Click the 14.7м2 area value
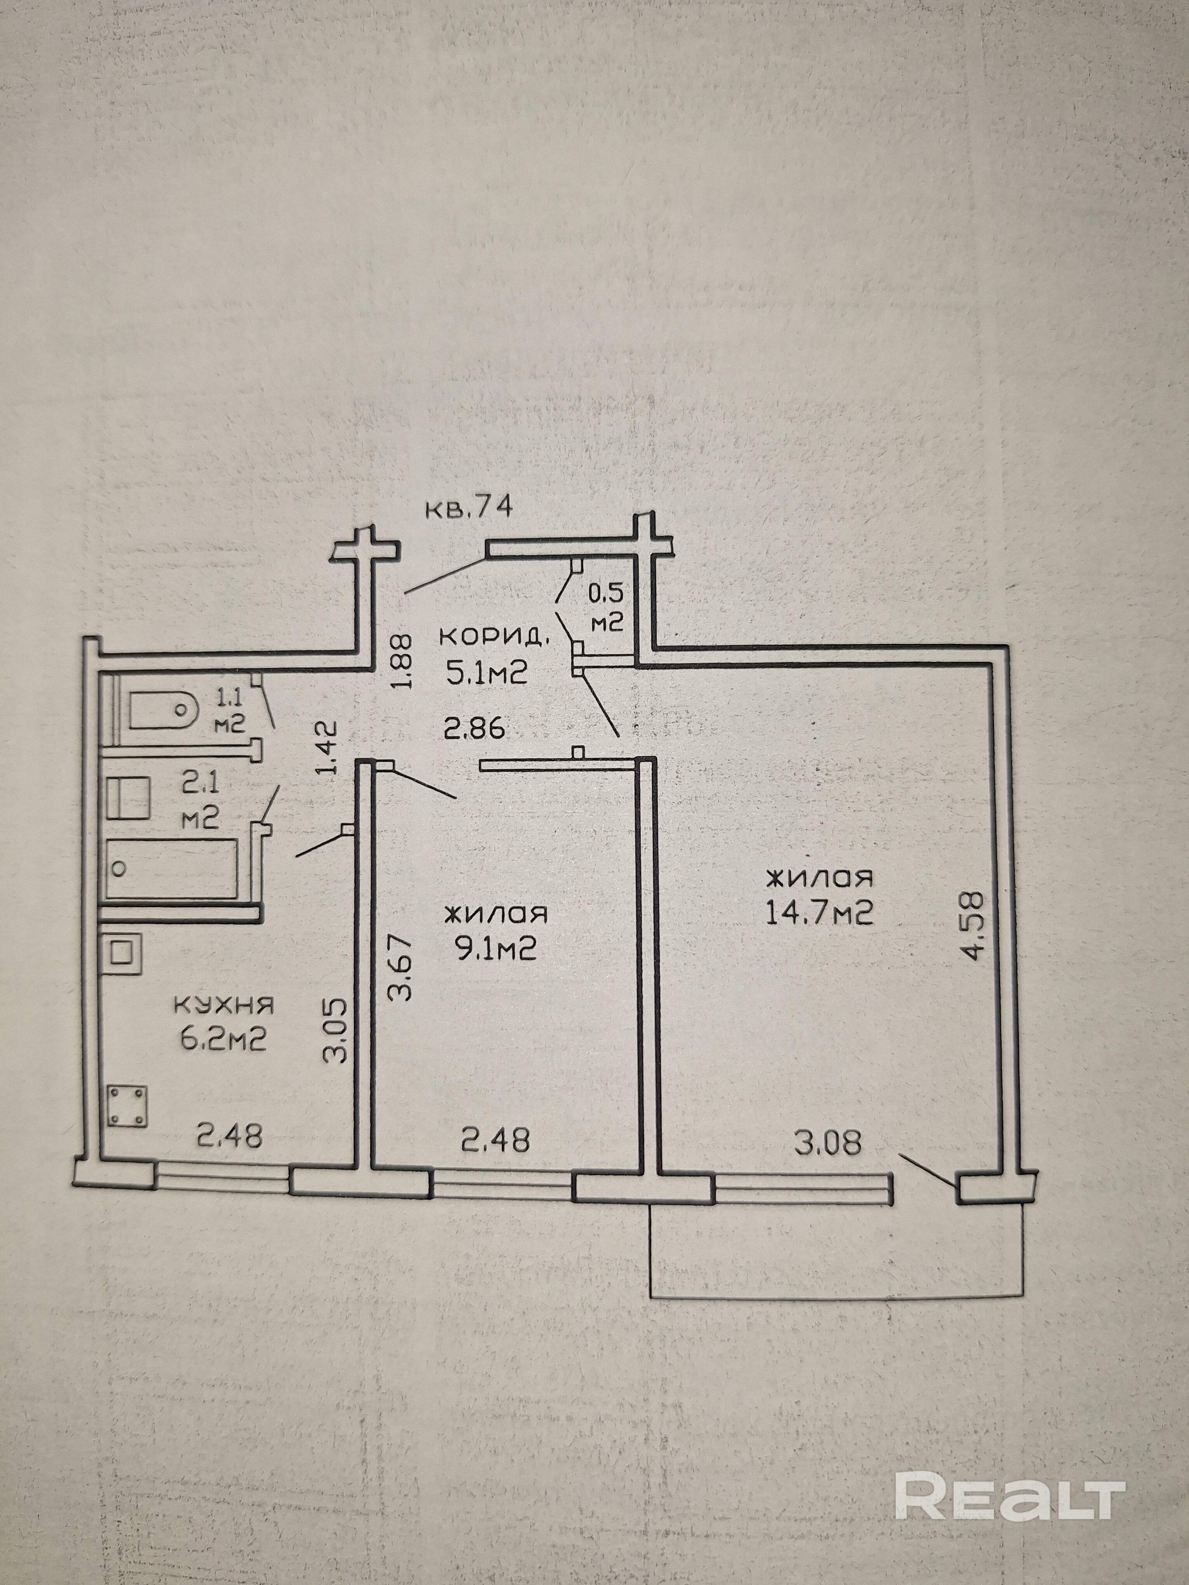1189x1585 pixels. (819, 913)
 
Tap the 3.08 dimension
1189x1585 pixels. (827, 1142)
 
